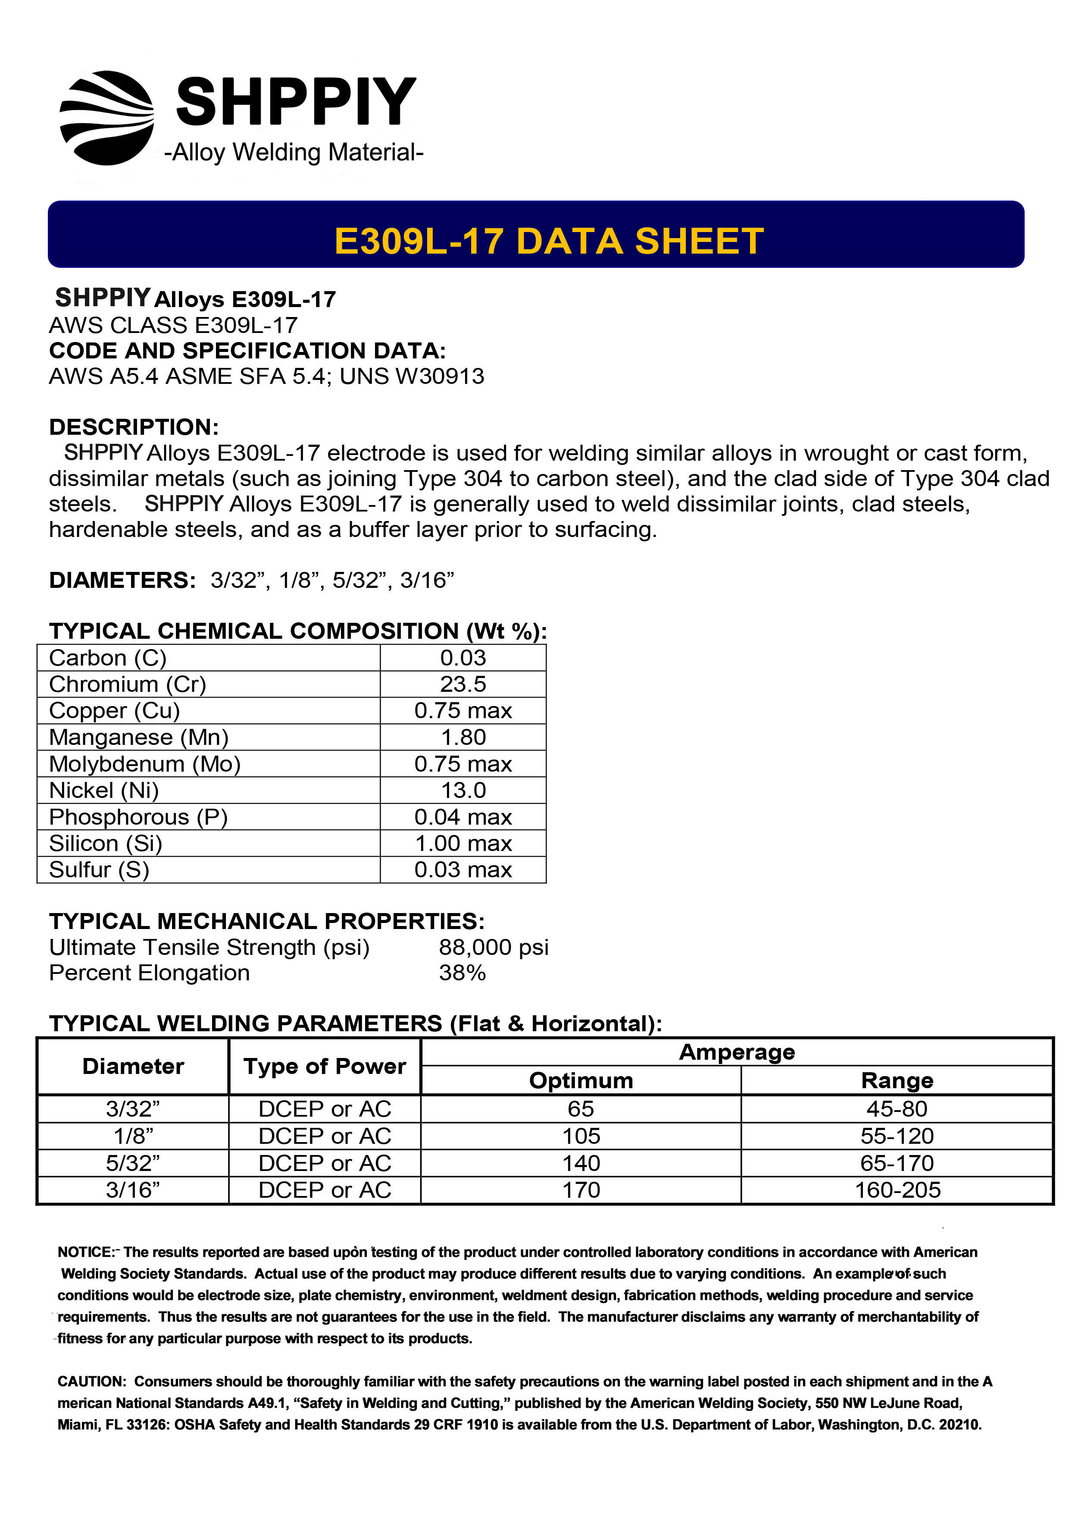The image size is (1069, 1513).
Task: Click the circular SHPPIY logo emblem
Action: [x=107, y=118]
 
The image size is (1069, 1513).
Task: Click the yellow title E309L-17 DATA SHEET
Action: [x=549, y=241]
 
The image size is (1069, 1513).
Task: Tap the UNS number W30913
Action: [x=439, y=376]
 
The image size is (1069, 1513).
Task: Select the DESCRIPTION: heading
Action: [x=134, y=427]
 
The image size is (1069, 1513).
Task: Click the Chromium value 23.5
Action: [x=463, y=684]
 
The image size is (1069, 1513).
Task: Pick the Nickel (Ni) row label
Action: [x=104, y=790]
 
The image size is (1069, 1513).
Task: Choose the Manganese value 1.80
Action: [x=463, y=738]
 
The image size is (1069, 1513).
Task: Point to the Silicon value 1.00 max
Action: [x=463, y=844]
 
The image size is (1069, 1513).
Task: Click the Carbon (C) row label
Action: [x=107, y=658]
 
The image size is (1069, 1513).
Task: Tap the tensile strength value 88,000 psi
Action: [x=493, y=947]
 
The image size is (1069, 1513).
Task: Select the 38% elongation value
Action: [x=463, y=973]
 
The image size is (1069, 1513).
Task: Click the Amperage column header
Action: [x=736, y=1052]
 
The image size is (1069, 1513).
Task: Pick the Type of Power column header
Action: [x=325, y=1066]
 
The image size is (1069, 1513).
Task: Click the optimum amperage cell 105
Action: [x=581, y=1136]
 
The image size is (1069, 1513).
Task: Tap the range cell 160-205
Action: [x=897, y=1190]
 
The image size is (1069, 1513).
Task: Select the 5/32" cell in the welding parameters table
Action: [x=133, y=1163]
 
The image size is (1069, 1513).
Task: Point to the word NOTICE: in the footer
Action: [x=86, y=1252]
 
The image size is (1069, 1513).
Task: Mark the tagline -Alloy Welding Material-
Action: [x=294, y=152]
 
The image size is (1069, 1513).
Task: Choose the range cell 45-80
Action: [x=897, y=1109]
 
